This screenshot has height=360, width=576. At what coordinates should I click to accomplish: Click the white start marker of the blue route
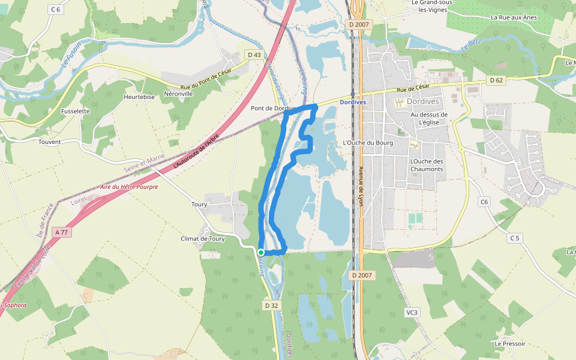[x=261, y=253]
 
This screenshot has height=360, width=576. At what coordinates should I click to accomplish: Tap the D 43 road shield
[x=254, y=55]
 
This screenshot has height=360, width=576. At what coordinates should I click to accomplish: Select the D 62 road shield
[x=496, y=80]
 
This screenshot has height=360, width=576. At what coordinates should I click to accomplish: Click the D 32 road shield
[x=272, y=305]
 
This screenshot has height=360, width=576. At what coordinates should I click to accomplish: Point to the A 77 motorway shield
[x=61, y=232]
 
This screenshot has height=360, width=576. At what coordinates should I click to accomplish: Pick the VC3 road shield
[x=412, y=312]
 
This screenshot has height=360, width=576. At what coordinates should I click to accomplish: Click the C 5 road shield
[x=514, y=238]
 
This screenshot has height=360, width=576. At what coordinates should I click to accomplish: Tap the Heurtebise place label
[x=139, y=97]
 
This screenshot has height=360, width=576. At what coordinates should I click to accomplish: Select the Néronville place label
[x=178, y=94]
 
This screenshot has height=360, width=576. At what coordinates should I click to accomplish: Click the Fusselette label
[x=75, y=111]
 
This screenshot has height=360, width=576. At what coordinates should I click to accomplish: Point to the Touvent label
[x=50, y=142]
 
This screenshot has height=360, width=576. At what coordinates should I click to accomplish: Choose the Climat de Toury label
[x=203, y=239]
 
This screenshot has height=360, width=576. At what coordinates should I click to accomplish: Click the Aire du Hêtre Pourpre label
[x=129, y=187]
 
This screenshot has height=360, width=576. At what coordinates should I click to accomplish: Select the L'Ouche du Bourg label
[x=367, y=143]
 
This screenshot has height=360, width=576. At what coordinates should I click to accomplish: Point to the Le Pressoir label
[x=510, y=344]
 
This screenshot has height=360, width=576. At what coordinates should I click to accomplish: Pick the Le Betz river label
[x=472, y=44]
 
